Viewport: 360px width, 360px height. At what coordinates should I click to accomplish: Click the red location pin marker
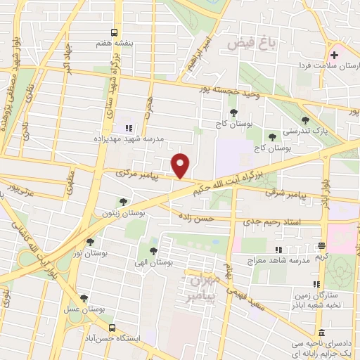click(181, 166)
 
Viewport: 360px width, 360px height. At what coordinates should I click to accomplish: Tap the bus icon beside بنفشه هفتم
click(113, 32)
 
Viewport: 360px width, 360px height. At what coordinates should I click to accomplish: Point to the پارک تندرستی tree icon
click(304, 120)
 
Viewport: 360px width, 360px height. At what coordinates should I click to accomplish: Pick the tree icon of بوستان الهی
click(153, 251)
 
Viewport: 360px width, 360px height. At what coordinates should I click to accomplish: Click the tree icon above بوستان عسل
click(84, 299)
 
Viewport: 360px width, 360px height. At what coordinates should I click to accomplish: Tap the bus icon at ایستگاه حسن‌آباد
click(112, 328)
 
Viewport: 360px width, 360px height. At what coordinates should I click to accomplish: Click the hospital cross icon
click(335, 55)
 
